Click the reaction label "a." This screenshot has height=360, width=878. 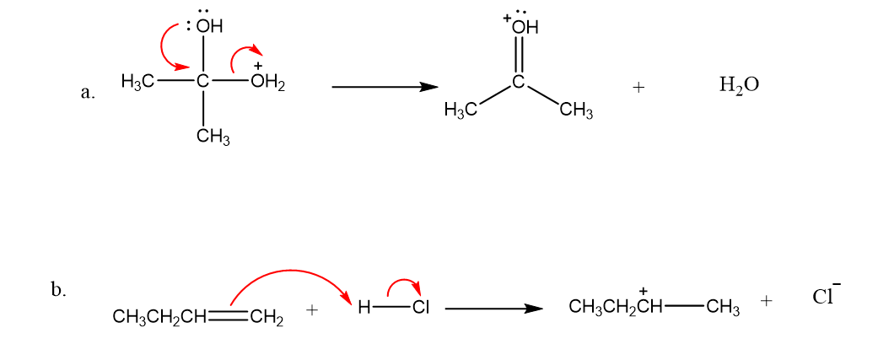point(88,93)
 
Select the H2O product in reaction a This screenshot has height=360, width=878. point(739,86)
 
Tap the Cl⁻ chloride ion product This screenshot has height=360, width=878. point(827,295)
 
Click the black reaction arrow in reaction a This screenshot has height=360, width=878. point(385,87)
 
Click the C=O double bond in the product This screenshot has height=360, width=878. point(519,56)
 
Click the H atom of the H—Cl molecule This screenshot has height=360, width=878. point(364,309)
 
